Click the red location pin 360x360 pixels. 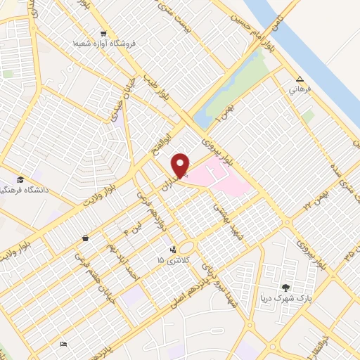pyautogui.click(x=181, y=165)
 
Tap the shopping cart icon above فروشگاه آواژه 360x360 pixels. pyautogui.click(x=103, y=33)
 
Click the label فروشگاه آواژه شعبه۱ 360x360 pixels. pyautogui.click(x=103, y=44)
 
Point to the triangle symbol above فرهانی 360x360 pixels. pyautogui.click(x=300, y=79)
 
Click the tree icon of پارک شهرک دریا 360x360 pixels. pyautogui.click(x=285, y=287)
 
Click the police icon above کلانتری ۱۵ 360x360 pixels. pyautogui.click(x=172, y=249)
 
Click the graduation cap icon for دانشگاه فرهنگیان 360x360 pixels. pyautogui.click(x=20, y=179)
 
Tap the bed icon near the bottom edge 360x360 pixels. pyautogui.click(x=63, y=345)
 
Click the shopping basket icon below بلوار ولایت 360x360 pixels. pyautogui.click(x=85, y=238)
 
